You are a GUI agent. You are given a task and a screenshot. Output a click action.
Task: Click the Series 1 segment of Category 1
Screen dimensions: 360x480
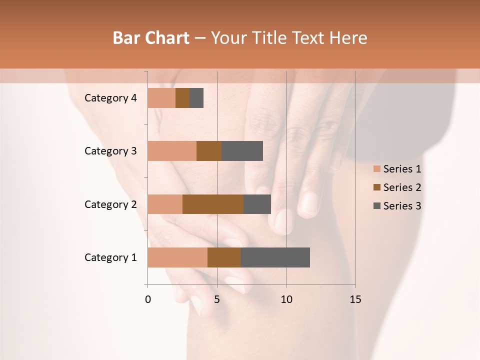pos(177,257)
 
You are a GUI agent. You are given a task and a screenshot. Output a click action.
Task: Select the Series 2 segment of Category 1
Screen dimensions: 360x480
pos(224,257)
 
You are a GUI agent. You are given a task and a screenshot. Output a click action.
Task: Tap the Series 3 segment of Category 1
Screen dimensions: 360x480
pos(275,257)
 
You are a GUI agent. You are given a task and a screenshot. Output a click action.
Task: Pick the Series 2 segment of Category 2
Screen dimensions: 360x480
pos(213,204)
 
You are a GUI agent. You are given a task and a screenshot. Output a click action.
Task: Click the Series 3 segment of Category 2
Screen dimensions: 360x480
pos(257,204)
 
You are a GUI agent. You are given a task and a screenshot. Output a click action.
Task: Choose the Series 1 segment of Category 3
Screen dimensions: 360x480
pos(172,151)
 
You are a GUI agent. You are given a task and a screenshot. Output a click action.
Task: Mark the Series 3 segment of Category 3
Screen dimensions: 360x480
pos(242,151)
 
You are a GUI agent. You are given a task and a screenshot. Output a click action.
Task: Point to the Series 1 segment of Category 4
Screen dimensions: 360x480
pos(161,98)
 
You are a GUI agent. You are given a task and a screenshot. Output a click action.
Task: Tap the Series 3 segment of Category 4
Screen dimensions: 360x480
pos(196,98)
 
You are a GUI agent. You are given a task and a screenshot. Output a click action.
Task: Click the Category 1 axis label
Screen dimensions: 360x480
pos(110,257)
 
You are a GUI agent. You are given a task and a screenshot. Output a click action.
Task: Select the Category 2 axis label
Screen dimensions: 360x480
pos(110,204)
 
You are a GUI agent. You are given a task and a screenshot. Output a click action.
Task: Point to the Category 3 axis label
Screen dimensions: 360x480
pos(110,151)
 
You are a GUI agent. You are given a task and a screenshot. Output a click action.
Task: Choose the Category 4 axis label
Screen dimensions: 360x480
pos(110,98)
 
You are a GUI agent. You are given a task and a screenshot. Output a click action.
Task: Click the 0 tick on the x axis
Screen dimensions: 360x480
pos(148,299)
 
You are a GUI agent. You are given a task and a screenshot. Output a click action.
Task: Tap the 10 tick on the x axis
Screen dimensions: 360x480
pos(286,299)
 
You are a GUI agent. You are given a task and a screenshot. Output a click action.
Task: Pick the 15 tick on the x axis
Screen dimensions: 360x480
pos(355,299)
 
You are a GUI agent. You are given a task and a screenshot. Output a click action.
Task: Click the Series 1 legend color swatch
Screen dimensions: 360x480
pos(377,169)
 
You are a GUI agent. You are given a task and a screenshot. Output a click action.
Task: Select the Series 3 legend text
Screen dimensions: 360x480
pos(402,206)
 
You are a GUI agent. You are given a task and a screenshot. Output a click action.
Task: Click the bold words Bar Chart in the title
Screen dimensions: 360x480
pos(151,38)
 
